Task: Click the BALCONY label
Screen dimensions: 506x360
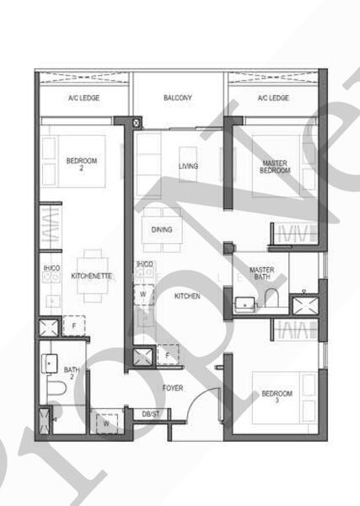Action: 178,99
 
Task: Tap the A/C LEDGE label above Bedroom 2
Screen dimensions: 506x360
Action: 84,99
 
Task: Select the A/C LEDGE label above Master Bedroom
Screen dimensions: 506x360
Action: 272,99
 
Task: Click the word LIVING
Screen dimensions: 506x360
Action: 188,166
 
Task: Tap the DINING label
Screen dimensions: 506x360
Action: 162,229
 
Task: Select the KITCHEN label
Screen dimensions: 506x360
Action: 187,297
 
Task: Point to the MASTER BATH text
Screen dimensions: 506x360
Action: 261,275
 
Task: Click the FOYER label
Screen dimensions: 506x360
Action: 175,388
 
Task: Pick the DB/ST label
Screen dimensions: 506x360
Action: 151,414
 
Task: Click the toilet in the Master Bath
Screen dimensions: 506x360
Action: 271,297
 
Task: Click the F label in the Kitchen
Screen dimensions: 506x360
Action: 168,355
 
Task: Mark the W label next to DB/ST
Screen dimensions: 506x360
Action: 105,423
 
